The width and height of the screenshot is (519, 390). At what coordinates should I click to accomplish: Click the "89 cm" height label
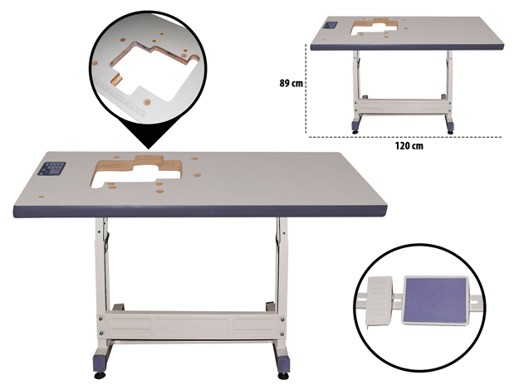tap(291, 83)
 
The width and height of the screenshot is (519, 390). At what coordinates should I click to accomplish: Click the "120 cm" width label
tap(409, 146)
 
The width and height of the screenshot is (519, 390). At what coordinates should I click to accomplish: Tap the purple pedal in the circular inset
tap(436, 300)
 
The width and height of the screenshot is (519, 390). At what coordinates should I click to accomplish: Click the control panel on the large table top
tap(51, 168)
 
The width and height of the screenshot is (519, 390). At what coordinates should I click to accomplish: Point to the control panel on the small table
tap(330, 25)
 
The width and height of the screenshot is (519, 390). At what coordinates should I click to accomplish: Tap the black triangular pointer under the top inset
tap(149, 136)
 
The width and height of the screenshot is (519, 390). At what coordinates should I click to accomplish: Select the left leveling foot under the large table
tap(100, 375)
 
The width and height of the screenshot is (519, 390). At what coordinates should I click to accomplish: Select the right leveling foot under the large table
tap(283, 376)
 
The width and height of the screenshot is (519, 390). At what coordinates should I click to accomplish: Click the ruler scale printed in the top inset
tap(120, 98)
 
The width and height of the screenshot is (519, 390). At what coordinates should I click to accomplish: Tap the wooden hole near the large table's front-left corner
tap(42, 197)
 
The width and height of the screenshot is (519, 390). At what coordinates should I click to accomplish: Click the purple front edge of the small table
tap(407, 47)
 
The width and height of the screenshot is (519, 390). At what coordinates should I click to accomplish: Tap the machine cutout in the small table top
tap(375, 27)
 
